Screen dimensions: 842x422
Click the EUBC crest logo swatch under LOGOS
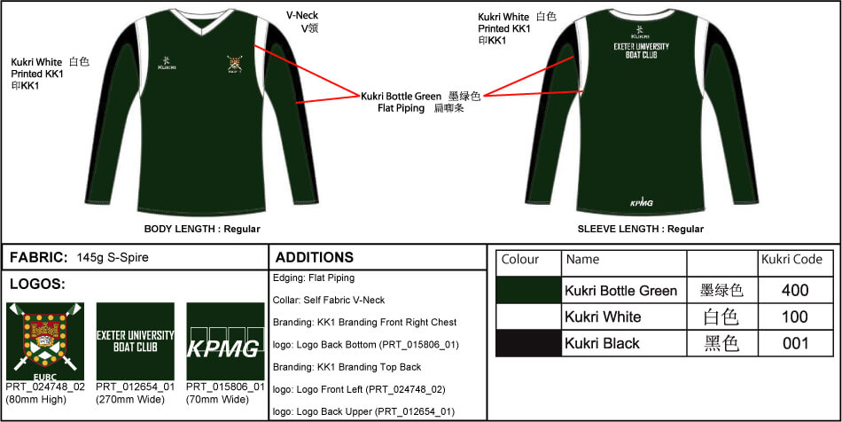click(45, 341)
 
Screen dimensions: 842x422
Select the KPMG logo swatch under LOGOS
click(225, 341)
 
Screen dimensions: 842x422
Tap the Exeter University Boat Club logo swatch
click(136, 341)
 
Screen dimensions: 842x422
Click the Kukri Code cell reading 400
click(795, 291)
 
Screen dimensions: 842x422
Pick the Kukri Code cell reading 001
click(795, 343)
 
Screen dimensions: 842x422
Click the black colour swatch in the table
click(528, 343)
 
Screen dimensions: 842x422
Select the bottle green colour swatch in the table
click(528, 291)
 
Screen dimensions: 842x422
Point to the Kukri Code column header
click(791, 260)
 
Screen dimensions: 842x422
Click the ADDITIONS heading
click(315, 257)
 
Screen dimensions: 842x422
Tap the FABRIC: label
click(39, 257)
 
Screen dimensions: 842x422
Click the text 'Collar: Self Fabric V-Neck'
click(329, 301)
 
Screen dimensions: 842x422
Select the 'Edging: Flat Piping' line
click(314, 278)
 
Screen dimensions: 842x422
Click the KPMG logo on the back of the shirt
click(641, 202)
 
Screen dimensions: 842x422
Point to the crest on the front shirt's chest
click(234, 65)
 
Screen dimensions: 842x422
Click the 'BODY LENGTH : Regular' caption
click(202, 230)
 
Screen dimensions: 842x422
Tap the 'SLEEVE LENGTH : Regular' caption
click(641, 230)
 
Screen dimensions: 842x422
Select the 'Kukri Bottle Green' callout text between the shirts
click(402, 97)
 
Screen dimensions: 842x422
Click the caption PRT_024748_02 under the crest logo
click(45, 387)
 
